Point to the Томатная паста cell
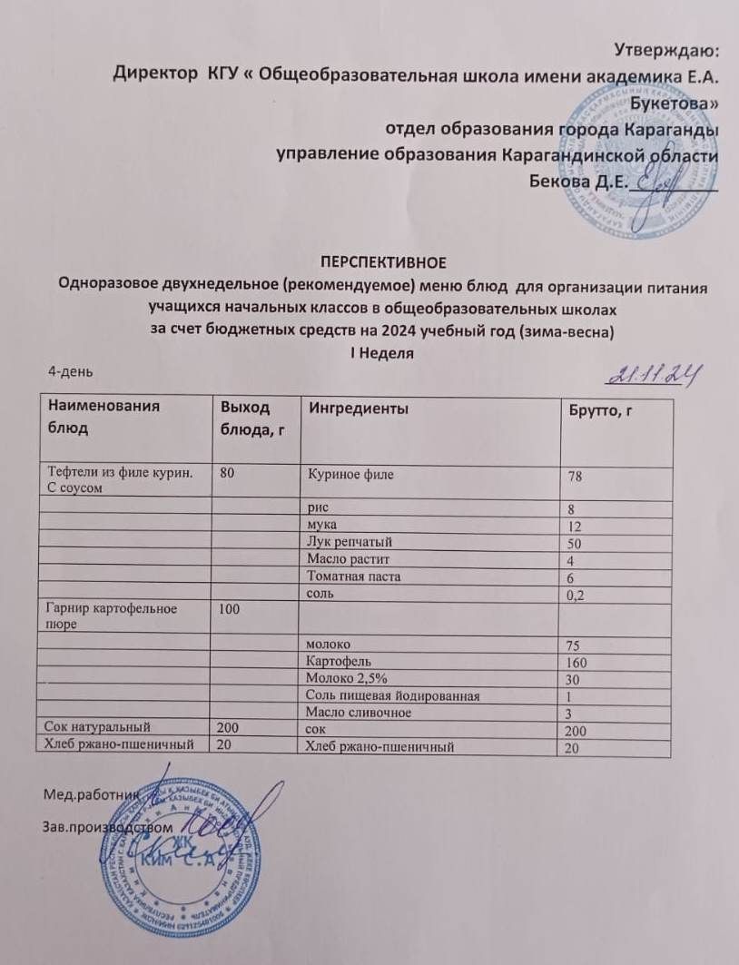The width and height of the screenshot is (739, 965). click(x=353, y=576)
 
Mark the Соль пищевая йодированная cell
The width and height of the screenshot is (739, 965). click(x=392, y=695)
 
